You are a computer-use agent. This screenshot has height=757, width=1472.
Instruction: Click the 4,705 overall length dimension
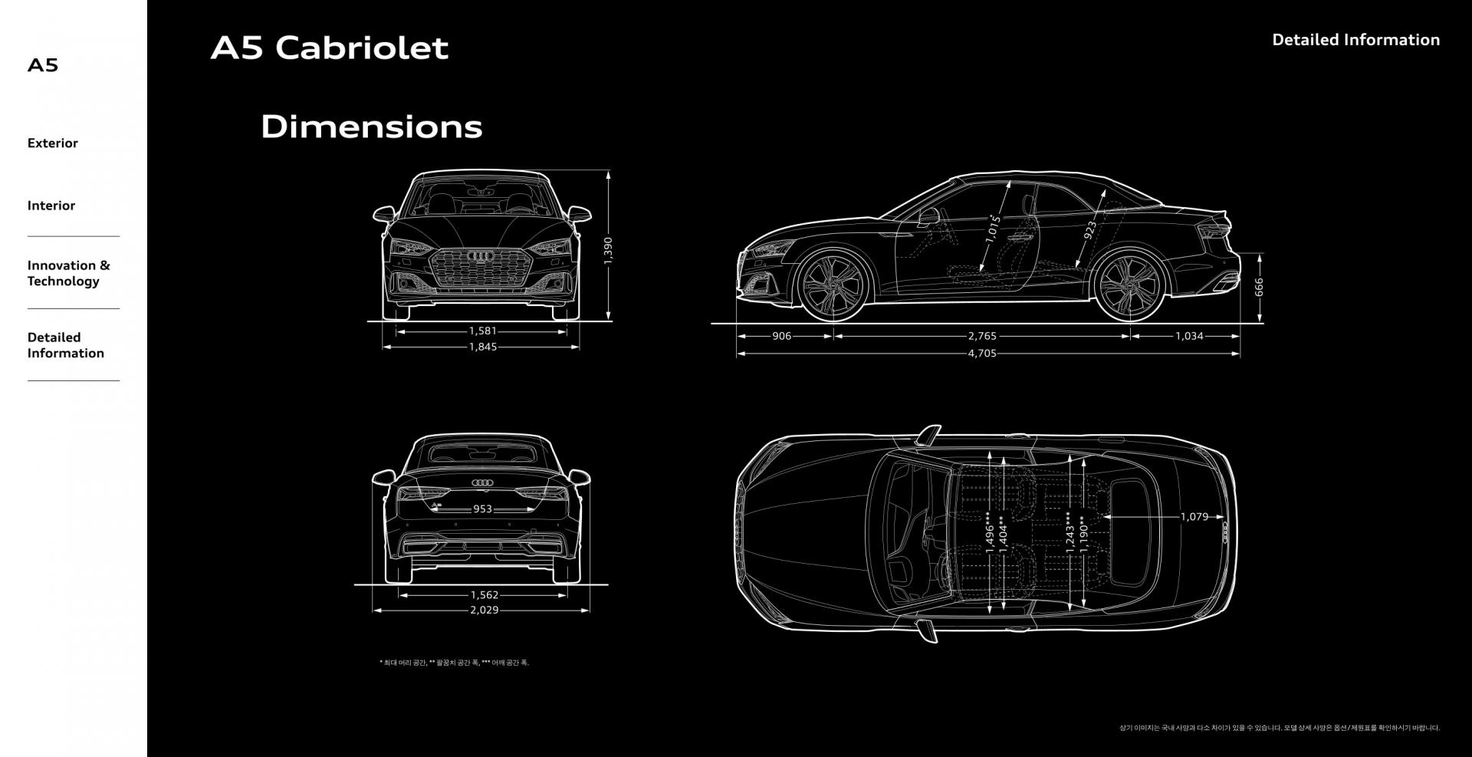click(981, 354)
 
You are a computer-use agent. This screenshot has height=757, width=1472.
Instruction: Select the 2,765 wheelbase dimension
click(981, 336)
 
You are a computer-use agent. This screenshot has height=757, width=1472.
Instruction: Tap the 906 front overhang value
click(781, 336)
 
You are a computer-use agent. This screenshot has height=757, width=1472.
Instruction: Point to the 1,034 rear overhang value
click(1189, 336)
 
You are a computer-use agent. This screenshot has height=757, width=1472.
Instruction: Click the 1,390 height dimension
click(608, 250)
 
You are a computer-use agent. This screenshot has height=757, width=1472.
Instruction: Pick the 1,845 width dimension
click(482, 347)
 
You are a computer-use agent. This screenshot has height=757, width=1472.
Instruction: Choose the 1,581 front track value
click(482, 331)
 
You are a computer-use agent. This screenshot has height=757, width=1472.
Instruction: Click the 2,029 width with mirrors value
click(484, 611)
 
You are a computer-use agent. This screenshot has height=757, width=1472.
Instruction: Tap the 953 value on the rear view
click(482, 509)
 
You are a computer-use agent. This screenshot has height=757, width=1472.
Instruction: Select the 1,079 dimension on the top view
click(1194, 517)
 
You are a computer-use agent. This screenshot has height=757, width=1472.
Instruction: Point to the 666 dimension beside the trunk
click(1259, 288)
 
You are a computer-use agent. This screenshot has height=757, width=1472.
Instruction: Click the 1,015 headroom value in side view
click(993, 229)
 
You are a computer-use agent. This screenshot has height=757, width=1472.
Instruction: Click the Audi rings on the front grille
click(481, 255)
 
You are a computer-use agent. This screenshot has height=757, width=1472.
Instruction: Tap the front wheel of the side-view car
click(833, 285)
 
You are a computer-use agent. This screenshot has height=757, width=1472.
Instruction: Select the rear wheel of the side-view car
click(1128, 285)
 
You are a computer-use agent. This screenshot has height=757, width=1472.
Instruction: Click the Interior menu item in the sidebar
click(51, 206)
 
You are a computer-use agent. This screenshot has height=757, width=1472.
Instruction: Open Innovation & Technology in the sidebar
click(68, 273)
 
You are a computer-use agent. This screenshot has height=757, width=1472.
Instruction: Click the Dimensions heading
click(371, 127)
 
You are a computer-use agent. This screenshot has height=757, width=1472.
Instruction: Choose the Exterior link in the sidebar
click(52, 143)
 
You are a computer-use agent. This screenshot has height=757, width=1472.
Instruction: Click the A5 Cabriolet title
click(329, 48)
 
